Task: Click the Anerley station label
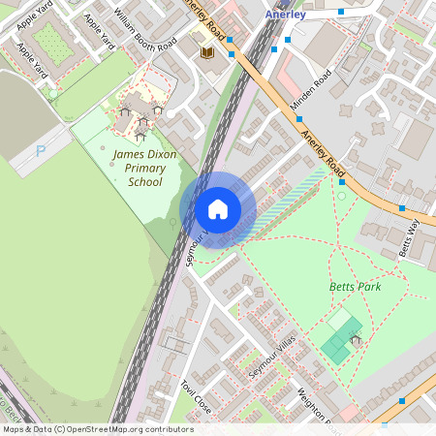[285, 15]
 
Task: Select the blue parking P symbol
[40, 151]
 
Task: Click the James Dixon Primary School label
[140, 168]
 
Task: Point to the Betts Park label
[355, 287]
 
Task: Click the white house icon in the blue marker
[218, 209]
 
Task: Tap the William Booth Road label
[143, 30]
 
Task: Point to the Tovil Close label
[194, 395]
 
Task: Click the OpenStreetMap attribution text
[97, 429]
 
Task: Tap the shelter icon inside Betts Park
[357, 341]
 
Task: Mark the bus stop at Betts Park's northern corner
[341, 181]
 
